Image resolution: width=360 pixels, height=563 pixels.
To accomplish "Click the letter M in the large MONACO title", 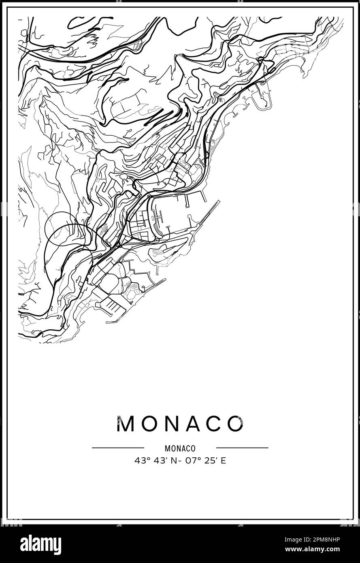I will click(x=125, y=424).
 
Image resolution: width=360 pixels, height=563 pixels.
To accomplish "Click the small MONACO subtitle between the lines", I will click(x=180, y=448).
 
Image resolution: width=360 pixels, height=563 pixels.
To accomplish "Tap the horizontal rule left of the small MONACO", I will click(x=118, y=448).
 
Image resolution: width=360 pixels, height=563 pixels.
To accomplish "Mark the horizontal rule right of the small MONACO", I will click(x=242, y=448).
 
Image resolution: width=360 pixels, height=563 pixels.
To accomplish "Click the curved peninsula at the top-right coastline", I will click(x=261, y=95).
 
